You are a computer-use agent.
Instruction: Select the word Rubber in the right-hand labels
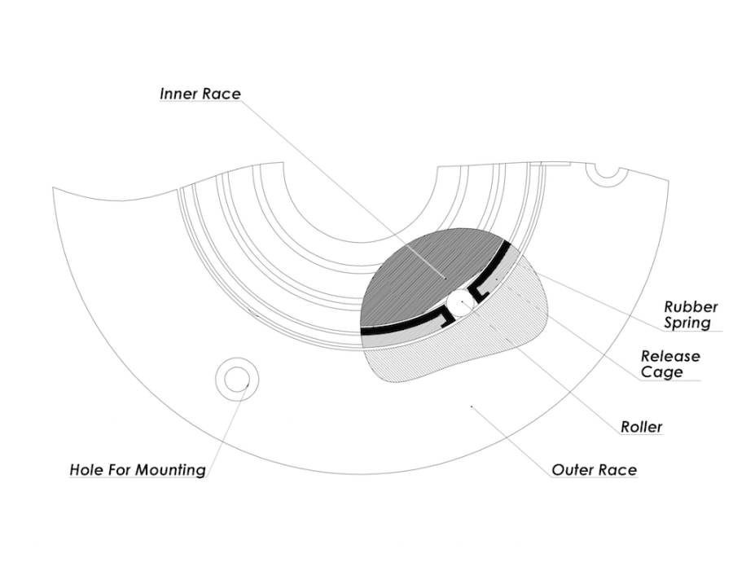coord(691,307)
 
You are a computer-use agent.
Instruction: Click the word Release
coord(670,357)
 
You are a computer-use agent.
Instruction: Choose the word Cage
coord(662,372)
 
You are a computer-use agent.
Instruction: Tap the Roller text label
coord(641,427)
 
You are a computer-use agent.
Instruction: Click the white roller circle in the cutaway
coord(460,303)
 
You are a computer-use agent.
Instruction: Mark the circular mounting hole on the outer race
coord(237,378)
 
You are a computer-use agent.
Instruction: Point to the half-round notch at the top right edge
coord(607,171)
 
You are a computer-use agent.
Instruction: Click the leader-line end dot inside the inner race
coord(444,278)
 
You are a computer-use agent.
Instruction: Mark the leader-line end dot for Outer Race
coord(472,404)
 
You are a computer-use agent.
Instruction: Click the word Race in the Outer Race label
coord(618,470)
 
